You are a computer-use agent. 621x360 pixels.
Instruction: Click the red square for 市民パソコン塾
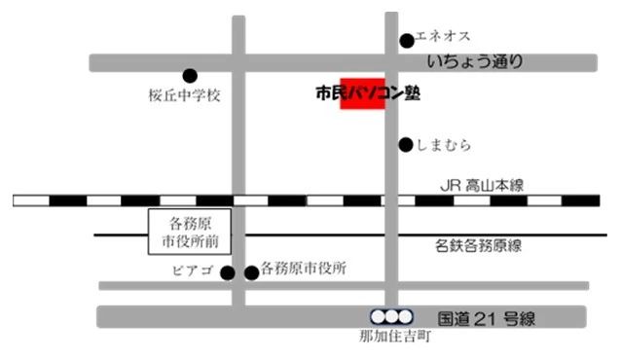(361, 92)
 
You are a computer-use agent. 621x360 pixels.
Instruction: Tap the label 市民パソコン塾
(369, 94)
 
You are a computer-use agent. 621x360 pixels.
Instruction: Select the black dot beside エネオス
(407, 41)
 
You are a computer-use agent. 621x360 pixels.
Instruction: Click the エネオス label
(443, 37)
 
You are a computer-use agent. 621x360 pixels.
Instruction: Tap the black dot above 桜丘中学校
(190, 75)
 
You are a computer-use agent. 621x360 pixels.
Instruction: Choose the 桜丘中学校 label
(186, 96)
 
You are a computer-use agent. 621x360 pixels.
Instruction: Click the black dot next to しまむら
(406, 145)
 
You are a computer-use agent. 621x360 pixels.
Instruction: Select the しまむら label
(444, 145)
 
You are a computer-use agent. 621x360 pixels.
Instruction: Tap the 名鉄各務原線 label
(478, 246)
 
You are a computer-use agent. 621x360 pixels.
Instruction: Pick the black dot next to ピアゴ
(228, 272)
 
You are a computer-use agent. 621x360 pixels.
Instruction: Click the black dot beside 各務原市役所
(252, 272)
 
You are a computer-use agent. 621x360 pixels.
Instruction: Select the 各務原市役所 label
(303, 269)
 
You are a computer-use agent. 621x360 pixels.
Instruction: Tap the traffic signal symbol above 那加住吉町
(391, 316)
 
